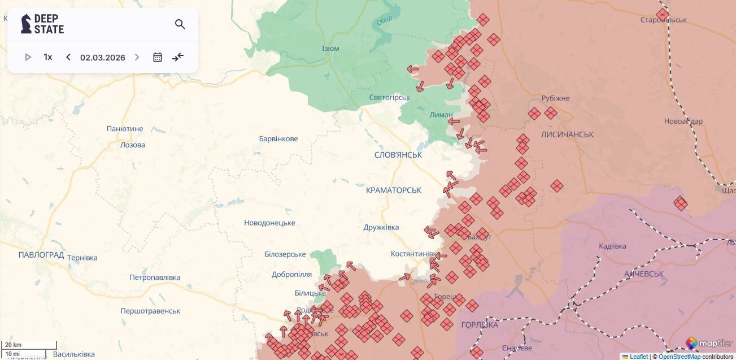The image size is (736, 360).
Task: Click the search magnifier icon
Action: click(x=180, y=24)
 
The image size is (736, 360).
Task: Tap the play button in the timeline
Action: click(x=28, y=57)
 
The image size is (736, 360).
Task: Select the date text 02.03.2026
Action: click(x=102, y=57)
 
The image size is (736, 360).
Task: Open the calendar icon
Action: click(x=158, y=57)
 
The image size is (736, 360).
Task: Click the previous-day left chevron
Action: click(x=68, y=57)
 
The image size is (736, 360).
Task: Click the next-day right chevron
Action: click(x=137, y=57)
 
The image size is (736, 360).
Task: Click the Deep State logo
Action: click(x=43, y=24)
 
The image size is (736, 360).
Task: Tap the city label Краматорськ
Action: click(x=394, y=190)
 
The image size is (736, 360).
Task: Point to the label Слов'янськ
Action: click(x=398, y=155)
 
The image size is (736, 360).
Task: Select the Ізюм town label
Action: click(x=330, y=49)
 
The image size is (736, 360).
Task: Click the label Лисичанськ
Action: click(x=567, y=135)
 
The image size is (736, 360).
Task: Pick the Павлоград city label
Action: click(x=41, y=255)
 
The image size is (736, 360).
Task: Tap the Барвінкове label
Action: click(x=278, y=139)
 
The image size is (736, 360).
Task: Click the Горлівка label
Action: click(x=480, y=325)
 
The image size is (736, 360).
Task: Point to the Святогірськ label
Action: click(x=390, y=98)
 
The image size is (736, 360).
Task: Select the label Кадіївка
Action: click(x=612, y=246)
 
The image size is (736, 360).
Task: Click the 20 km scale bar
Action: click(x=28, y=345)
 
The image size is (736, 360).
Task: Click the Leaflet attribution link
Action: click(x=638, y=357)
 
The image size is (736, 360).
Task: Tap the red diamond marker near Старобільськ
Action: click(x=663, y=15)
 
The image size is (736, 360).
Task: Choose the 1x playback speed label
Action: click(x=48, y=57)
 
